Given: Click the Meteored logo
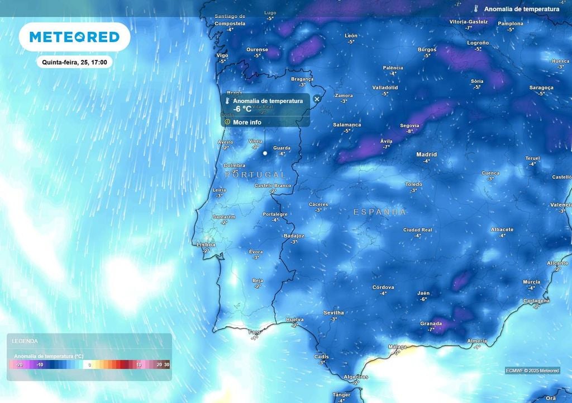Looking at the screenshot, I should click(74, 37).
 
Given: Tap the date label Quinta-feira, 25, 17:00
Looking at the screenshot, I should click(74, 62).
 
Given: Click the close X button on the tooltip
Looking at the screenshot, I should click(317, 99).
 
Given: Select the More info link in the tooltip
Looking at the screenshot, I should click(247, 122).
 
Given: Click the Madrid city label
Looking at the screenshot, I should click(426, 154).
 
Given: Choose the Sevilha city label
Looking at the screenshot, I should click(333, 313).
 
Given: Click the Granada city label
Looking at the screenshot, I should click(431, 324).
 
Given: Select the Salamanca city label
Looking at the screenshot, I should click(347, 125).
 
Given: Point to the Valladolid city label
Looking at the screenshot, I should click(385, 87).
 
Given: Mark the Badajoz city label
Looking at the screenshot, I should click(294, 236).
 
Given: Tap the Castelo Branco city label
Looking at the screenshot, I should click(273, 185).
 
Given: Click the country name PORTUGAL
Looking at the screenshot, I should click(255, 175).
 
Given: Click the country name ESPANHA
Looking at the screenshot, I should click(380, 212).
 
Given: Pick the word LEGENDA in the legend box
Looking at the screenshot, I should click(25, 341).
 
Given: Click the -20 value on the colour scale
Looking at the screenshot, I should click(19, 365).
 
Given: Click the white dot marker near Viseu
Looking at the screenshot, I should click(265, 153).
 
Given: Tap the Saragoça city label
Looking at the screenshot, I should click(541, 87).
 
